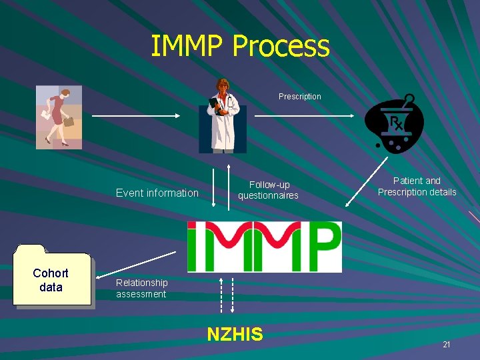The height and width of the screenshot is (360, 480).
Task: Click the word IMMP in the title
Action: tap(187, 46)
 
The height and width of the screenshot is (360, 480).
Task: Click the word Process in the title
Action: tap(281, 47)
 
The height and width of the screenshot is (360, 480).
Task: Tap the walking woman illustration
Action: tap(59, 117)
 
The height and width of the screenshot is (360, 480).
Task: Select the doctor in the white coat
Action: tap(222, 116)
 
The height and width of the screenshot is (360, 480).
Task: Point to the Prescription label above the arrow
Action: tap(299, 97)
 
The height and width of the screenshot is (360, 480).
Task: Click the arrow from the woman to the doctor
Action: tap(135, 116)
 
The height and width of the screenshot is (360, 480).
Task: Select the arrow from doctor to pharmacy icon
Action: tap(305, 116)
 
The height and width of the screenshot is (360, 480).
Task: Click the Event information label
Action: tap(157, 193)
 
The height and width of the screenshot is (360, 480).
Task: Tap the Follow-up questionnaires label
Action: tap(269, 190)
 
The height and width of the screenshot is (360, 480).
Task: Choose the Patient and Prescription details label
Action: tap(417, 187)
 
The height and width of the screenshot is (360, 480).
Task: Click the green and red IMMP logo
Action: tap(264, 247)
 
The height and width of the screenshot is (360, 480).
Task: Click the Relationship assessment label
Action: tap(141, 288)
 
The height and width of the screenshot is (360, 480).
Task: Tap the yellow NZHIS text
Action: tap(235, 334)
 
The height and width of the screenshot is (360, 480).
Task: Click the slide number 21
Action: tap(446, 345)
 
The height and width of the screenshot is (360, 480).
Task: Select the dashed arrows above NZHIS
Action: tap(227, 295)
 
